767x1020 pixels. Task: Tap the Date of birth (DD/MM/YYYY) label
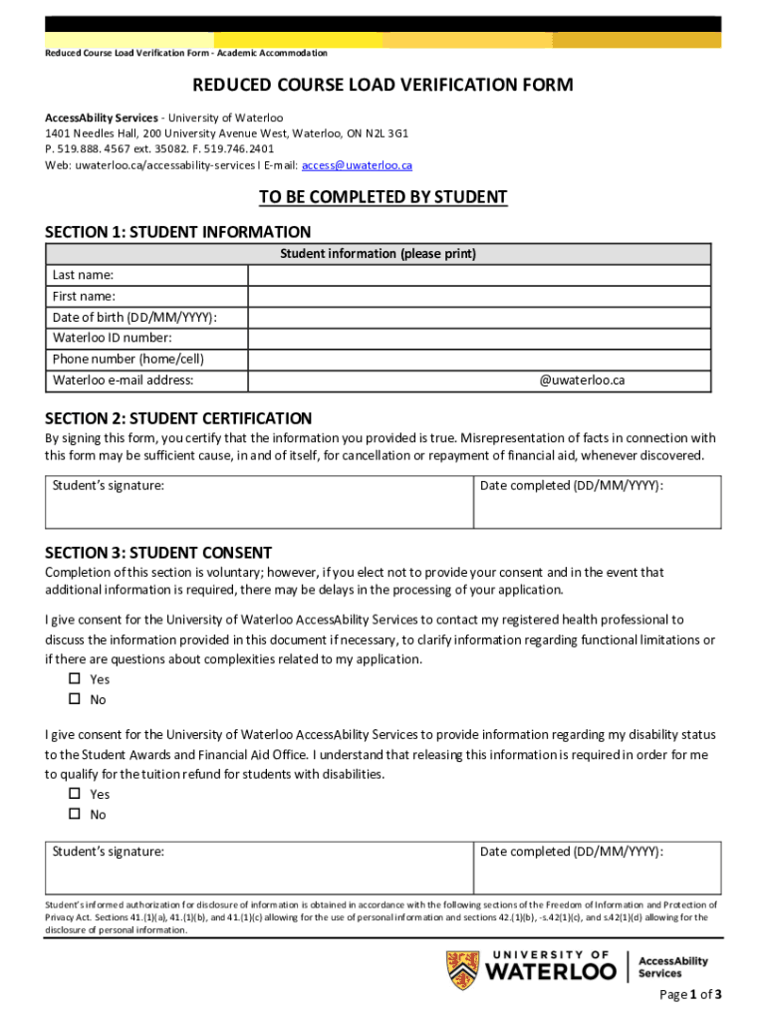coord(134,318)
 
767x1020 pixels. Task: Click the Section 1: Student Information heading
coord(178,232)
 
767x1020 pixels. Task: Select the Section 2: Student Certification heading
coord(178,418)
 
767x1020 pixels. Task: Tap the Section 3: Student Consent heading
coord(158,553)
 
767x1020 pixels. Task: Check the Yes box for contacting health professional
coord(74,679)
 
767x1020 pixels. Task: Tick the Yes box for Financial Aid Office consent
coord(74,794)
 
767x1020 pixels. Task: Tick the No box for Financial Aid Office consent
coord(74,815)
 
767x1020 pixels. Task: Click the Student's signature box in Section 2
coord(259,502)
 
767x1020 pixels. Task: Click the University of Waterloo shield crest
coord(461,970)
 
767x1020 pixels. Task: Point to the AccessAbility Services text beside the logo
coord(672,966)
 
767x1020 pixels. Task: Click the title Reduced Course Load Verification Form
coord(383,85)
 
